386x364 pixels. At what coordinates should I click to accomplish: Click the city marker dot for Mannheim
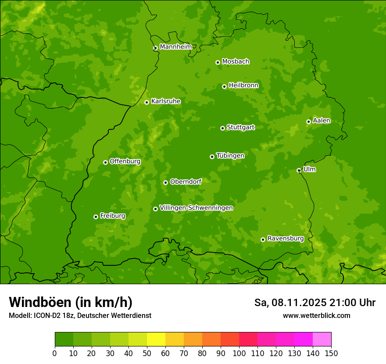coord(155,48)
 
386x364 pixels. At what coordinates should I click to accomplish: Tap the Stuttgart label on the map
coord(240,127)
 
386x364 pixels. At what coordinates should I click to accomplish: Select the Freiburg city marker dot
coord(96,217)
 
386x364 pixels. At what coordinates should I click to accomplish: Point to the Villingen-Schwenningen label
coord(196,208)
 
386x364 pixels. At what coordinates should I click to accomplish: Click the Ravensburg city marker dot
coord(263,239)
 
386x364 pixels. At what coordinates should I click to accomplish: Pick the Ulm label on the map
coord(309,169)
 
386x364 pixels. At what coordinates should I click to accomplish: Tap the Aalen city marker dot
coord(308,121)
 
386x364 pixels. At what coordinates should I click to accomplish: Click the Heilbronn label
coord(243,86)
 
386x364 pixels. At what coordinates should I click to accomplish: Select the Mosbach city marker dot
coord(218,62)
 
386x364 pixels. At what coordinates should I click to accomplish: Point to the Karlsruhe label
coord(165,101)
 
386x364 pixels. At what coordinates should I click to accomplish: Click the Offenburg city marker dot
coord(105,162)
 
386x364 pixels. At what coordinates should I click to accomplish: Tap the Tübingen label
coord(230,156)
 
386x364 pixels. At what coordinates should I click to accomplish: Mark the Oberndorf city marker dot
coord(165,182)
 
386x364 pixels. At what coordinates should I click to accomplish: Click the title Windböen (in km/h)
coord(70,302)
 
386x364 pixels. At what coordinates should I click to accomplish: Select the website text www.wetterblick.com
coord(316,315)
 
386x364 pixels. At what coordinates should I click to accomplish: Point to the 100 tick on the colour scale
coord(239,353)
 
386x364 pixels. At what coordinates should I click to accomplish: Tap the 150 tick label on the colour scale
coord(331,353)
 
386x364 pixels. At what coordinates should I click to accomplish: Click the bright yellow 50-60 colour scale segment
coord(156,339)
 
